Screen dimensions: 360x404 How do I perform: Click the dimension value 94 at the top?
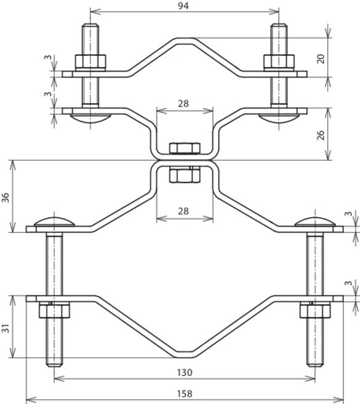point(183,6)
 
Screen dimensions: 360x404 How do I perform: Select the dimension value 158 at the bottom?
point(185,394)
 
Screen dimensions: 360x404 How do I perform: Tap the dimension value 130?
point(185,373)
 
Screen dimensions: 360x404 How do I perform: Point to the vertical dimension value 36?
point(6,197)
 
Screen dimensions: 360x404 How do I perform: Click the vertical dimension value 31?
point(6,328)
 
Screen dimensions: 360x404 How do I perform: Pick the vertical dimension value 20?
point(321,59)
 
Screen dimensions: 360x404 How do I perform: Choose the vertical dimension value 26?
point(321,135)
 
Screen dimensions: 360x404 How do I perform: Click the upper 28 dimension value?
point(183,103)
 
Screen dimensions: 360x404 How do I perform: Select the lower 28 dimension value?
point(183,211)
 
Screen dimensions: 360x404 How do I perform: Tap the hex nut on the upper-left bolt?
point(91,62)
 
